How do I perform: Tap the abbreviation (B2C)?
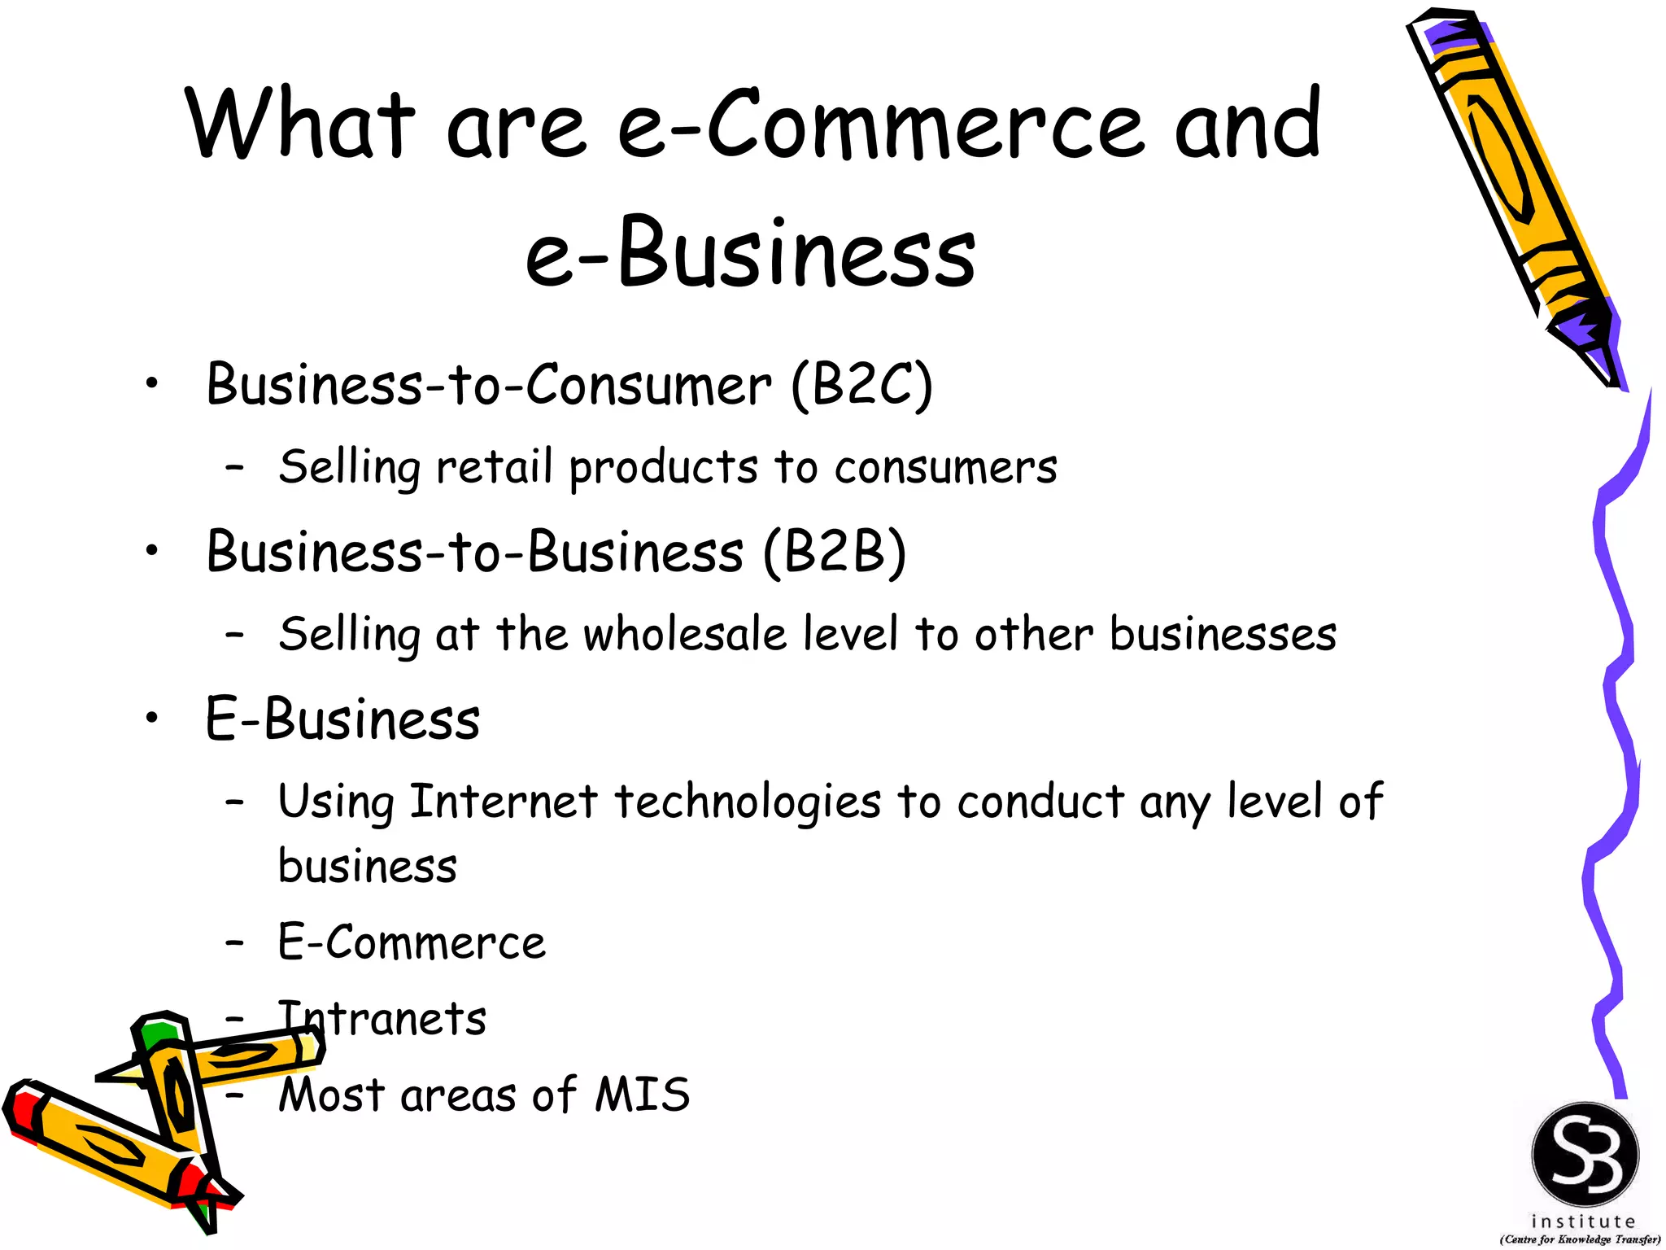[862, 385]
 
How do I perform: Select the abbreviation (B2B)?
[835, 553]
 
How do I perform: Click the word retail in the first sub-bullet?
[494, 467]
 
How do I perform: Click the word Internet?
[504, 801]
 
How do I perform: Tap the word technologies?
[748, 802]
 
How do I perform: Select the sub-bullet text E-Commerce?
[412, 942]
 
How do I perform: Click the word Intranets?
[382, 1018]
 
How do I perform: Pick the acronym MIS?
[643, 1095]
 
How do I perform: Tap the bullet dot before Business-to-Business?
[151, 552]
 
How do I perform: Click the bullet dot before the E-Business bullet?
[151, 719]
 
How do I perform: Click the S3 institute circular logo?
[1585, 1155]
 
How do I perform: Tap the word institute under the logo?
[1583, 1222]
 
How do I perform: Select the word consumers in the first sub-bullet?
[945, 468]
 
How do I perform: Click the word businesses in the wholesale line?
[1223, 634]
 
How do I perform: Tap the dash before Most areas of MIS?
[235, 1095]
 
